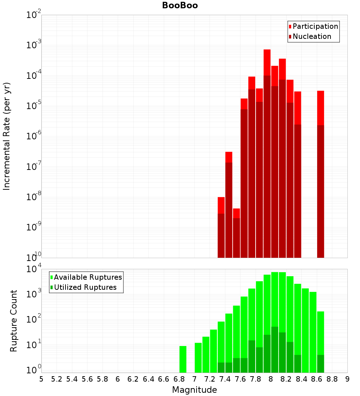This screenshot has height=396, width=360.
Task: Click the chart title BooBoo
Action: (180, 5)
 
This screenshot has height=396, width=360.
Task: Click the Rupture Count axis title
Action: (14, 321)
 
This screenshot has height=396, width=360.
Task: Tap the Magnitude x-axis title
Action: (194, 390)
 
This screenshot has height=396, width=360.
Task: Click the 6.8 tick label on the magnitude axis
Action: (179, 379)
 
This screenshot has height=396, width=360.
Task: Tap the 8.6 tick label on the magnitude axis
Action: (317, 379)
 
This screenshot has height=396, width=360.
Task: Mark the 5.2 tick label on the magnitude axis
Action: (57, 379)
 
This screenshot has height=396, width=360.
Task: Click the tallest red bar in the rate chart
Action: (267, 144)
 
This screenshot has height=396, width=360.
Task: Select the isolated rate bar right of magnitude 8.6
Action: (320, 173)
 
